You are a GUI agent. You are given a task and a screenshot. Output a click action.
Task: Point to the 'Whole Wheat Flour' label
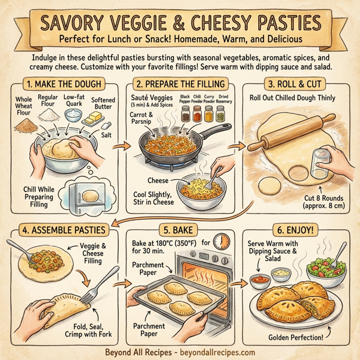click(x=24, y=106)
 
